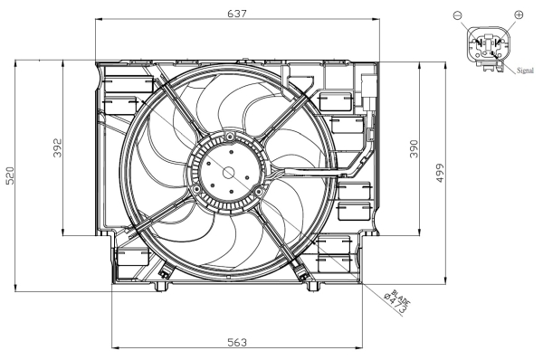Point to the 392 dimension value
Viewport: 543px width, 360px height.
(x=56, y=148)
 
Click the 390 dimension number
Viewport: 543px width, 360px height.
(x=414, y=148)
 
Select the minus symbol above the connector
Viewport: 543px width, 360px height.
(x=456, y=14)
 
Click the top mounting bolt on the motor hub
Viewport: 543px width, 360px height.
(x=232, y=137)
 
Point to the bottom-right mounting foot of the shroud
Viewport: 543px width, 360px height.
(x=313, y=286)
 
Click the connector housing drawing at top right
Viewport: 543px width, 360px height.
(x=488, y=46)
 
